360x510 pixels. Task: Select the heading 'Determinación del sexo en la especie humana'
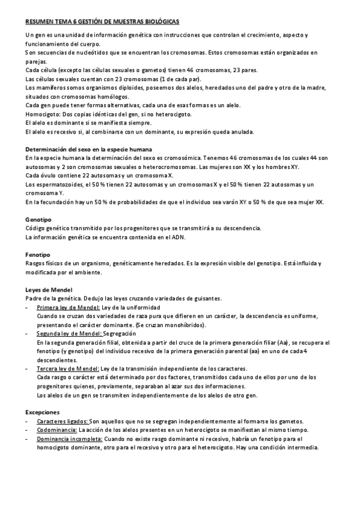[x=88, y=149]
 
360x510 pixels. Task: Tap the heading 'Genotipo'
[x=38, y=220]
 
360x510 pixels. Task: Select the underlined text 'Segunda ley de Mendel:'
[x=69, y=333]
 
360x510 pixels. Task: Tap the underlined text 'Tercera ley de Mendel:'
[x=68, y=368]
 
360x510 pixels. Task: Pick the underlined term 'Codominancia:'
[x=56, y=431]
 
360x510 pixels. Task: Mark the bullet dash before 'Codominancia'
[x=27, y=431]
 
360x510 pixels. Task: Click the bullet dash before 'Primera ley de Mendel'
[x=27, y=307]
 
